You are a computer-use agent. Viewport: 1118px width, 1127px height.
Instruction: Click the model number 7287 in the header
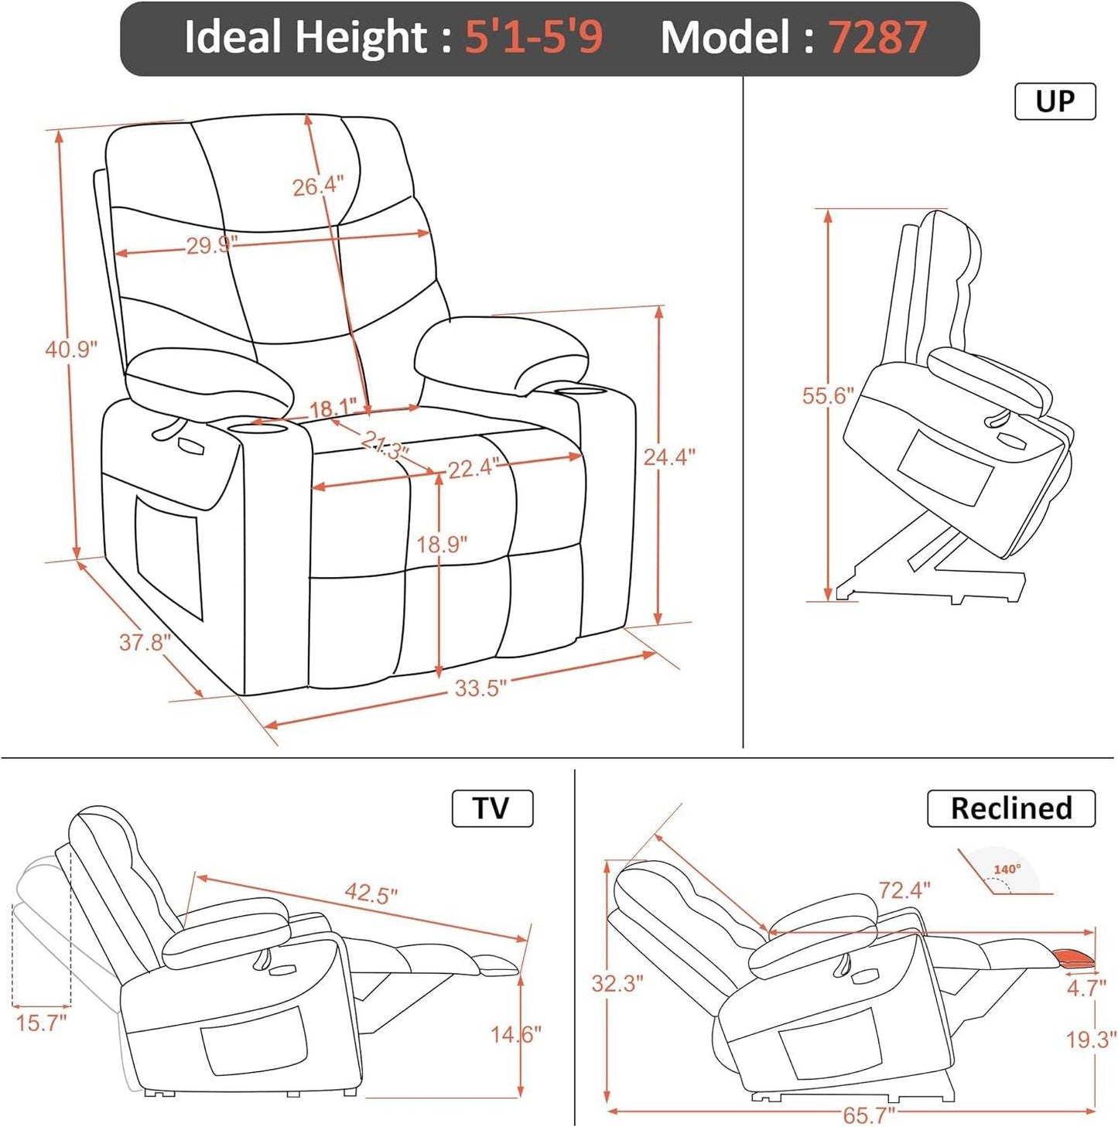(877, 37)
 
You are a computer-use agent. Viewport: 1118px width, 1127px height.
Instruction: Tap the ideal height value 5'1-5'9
(533, 37)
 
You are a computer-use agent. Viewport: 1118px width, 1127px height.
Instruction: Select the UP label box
(1055, 101)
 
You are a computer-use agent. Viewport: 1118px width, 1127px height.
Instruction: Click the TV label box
(492, 808)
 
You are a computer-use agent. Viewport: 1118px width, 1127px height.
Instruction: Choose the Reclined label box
(1010, 808)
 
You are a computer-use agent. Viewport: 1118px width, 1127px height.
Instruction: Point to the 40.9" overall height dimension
(70, 350)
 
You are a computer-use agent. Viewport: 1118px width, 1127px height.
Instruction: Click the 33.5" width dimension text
(480, 688)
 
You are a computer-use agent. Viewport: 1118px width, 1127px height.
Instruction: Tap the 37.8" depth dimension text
(144, 642)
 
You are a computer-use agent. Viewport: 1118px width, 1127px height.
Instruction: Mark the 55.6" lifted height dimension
(827, 396)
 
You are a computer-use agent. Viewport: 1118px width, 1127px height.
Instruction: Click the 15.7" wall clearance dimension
(41, 1023)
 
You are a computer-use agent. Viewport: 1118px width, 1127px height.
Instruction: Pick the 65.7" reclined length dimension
(868, 1115)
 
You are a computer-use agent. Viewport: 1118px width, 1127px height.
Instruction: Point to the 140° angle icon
(1006, 873)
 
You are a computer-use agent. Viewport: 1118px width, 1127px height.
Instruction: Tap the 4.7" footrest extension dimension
(1086, 988)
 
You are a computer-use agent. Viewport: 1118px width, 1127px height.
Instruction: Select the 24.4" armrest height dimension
(669, 457)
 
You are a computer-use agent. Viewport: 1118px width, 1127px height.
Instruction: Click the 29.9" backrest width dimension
(210, 246)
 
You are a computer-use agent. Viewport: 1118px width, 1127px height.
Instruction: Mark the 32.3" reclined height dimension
(617, 984)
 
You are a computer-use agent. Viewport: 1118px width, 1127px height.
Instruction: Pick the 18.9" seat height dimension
(442, 545)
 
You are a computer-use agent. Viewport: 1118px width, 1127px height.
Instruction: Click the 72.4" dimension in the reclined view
(904, 890)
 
